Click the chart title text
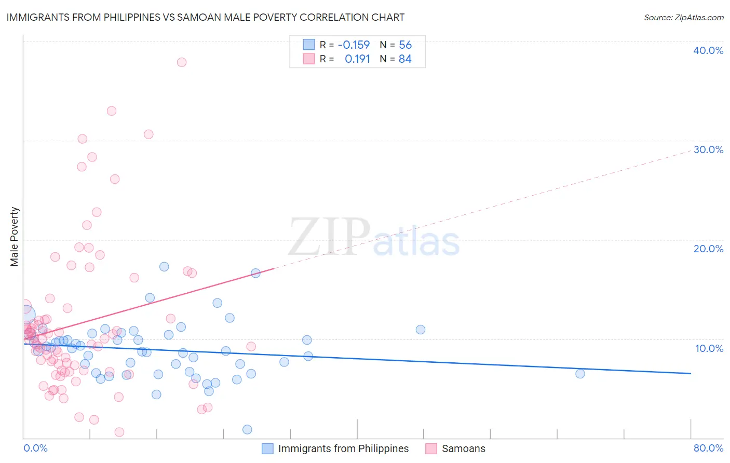[205, 17]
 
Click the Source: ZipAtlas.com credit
[683, 17]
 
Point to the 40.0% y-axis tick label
[708, 50]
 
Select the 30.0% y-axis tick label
[708, 149]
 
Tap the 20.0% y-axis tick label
[708, 249]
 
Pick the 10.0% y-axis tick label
[709, 348]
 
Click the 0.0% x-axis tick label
[35, 448]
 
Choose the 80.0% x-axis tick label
[708, 448]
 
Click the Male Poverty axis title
[15, 237]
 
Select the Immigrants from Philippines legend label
[343, 448]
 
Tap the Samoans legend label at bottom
[463, 448]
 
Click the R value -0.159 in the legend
[354, 45]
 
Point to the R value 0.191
[357, 59]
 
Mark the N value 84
[405, 59]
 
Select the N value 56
[405, 45]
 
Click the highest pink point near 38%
[182, 62]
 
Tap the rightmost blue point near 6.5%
[580, 374]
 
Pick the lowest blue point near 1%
[247, 429]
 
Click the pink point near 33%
[112, 111]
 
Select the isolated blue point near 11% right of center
[421, 330]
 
